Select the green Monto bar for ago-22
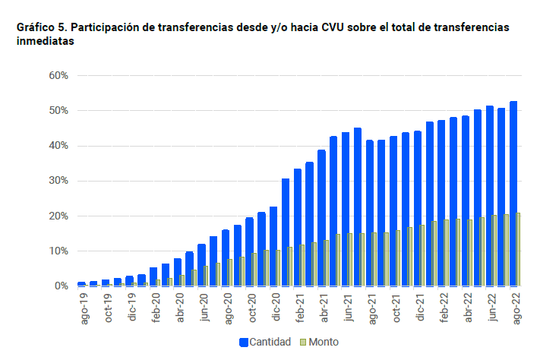pos(519,250)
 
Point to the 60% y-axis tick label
pos(58,76)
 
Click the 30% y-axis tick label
pos(58,181)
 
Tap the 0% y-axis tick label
pos(62,286)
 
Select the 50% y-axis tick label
pos(58,111)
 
